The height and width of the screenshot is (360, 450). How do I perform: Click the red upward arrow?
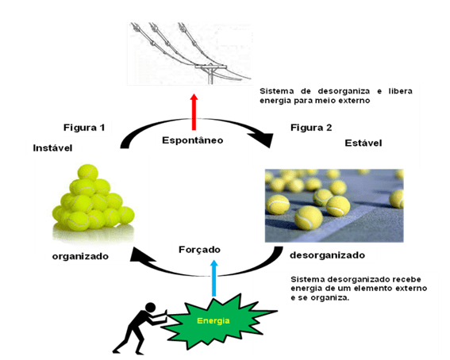pos(194,112)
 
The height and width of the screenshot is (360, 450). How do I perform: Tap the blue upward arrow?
pos(213,278)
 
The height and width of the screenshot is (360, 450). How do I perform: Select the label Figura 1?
pos(84,128)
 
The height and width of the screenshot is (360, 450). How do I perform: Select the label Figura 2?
pos(311,128)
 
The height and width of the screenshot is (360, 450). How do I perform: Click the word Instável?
pos(52,148)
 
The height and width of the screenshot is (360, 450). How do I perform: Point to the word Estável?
pos(363,143)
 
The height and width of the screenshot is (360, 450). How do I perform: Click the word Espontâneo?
pos(193,140)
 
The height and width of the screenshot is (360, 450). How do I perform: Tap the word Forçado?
pos(199,250)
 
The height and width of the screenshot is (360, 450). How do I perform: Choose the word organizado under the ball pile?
pos(80,256)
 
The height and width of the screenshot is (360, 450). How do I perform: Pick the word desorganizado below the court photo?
pos(328,255)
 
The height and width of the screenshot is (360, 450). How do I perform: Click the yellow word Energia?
pos(213,320)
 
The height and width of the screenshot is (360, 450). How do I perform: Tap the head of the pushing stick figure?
pos(150,308)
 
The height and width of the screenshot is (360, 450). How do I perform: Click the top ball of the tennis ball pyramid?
pos(88,172)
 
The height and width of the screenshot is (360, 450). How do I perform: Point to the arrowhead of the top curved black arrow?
pos(264,140)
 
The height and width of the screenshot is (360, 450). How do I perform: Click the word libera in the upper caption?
pos(401,91)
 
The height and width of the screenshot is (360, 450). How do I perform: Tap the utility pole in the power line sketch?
pos(211,74)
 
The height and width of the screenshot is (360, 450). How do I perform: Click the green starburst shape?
pos(218,321)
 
